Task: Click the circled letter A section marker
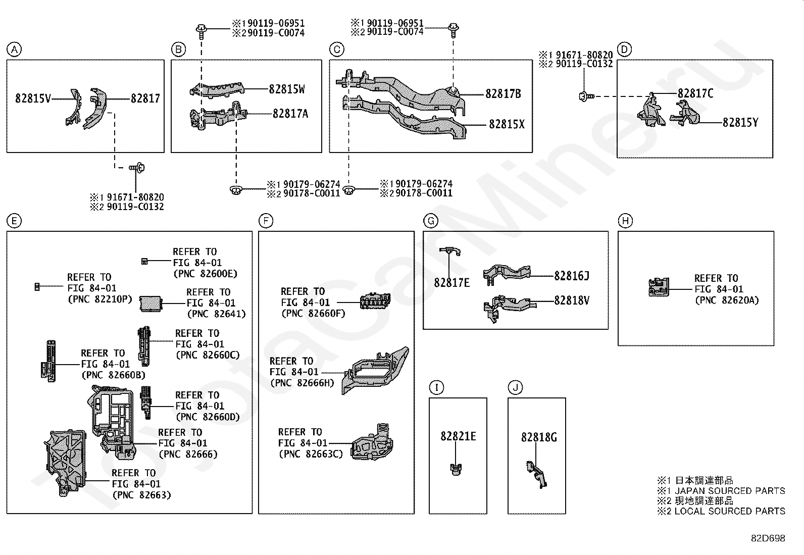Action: (x=14, y=49)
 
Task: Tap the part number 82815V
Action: (x=33, y=98)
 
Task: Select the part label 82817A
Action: (x=290, y=114)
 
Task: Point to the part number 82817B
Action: (x=503, y=94)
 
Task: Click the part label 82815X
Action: (x=507, y=124)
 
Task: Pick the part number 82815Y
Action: (x=740, y=123)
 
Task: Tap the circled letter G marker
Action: (x=431, y=221)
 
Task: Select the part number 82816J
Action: (x=571, y=276)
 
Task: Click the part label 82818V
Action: (x=571, y=300)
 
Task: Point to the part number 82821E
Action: (x=458, y=436)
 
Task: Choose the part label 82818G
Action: (x=539, y=438)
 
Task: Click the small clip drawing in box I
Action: (x=456, y=469)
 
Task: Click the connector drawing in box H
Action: (x=659, y=287)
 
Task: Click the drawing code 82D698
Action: (x=768, y=538)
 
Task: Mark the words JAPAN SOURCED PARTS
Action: (x=730, y=491)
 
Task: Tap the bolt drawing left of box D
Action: (x=586, y=96)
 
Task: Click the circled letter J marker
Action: (x=516, y=388)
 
